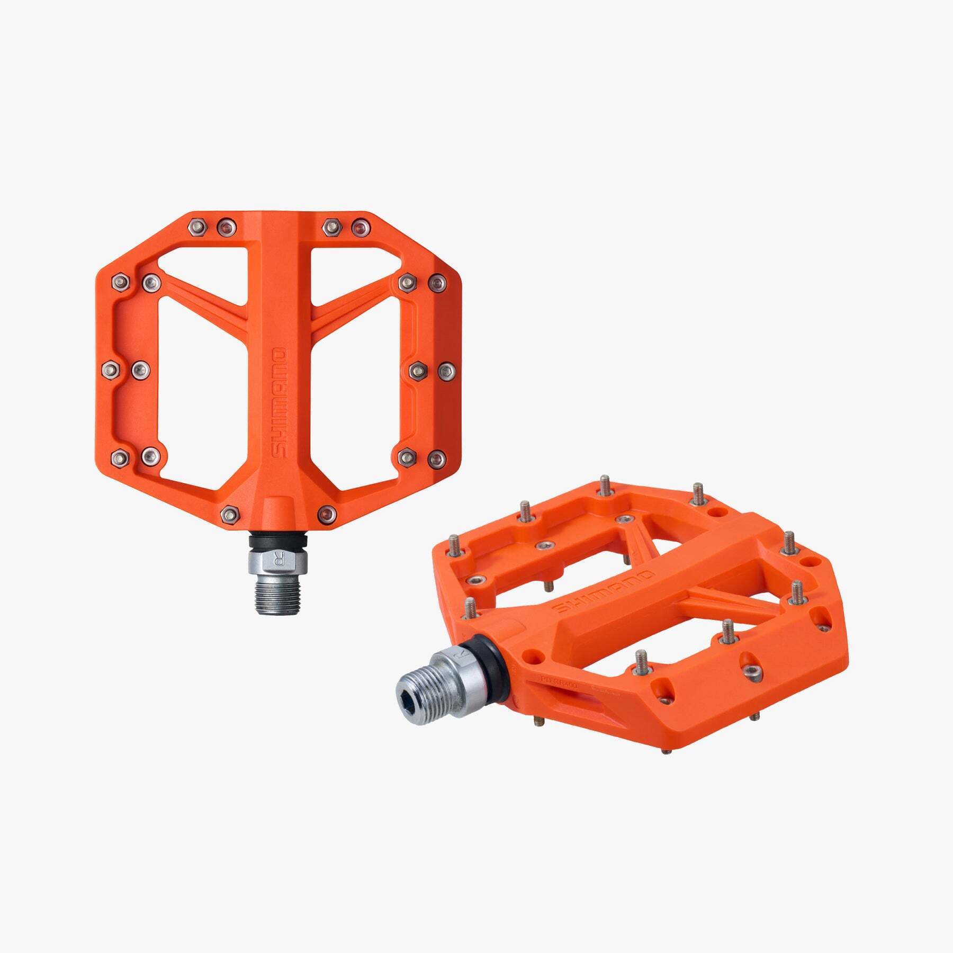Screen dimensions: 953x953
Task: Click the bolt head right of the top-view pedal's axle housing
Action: (x=327, y=513)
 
